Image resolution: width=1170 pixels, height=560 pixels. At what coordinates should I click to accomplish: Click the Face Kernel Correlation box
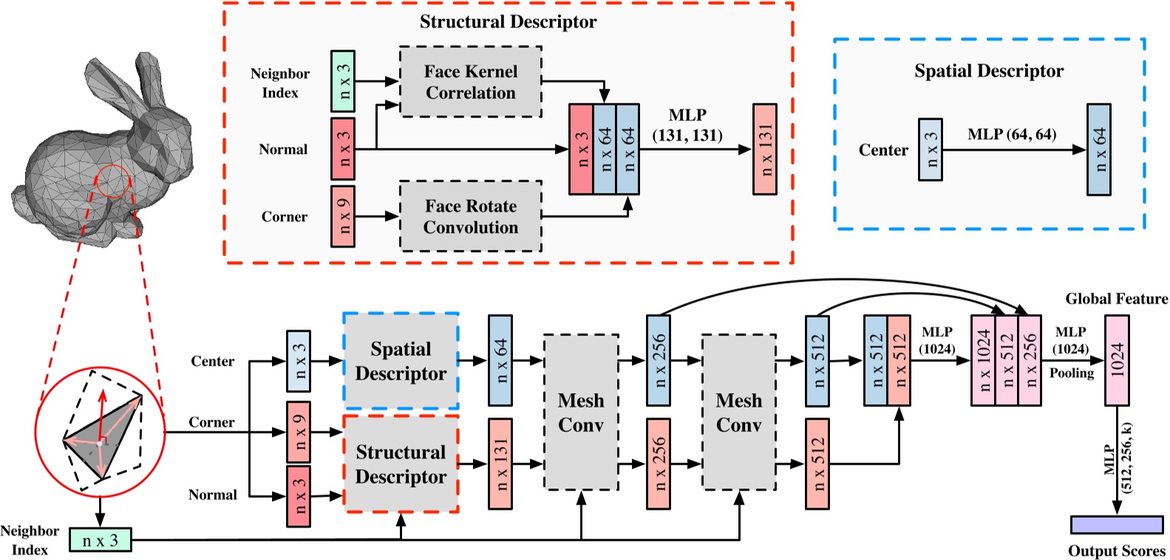pyautogui.click(x=471, y=82)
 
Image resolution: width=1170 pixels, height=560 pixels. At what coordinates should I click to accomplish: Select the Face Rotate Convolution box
pyautogui.click(x=471, y=216)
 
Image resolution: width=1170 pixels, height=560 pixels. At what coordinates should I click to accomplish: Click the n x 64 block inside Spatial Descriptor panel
pyautogui.click(x=1098, y=150)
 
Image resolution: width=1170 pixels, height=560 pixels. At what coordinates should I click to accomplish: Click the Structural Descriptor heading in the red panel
pyautogui.click(x=508, y=21)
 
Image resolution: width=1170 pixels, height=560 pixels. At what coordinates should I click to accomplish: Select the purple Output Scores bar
pyautogui.click(x=1116, y=525)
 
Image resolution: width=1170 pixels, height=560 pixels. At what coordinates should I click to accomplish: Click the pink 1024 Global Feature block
pyautogui.click(x=1116, y=361)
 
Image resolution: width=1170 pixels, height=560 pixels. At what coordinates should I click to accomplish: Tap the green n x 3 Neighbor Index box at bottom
pyautogui.click(x=100, y=540)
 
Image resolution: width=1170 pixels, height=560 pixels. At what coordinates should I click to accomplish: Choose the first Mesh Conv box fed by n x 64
pyautogui.click(x=581, y=412)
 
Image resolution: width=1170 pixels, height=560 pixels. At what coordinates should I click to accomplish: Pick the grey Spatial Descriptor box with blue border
pyautogui.click(x=401, y=361)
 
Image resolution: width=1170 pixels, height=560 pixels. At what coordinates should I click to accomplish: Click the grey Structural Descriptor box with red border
pyautogui.click(x=401, y=464)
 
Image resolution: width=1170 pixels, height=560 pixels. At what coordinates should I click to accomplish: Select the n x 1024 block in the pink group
pyautogui.click(x=983, y=361)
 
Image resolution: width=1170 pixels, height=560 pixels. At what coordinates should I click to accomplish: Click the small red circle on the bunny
pyautogui.click(x=113, y=181)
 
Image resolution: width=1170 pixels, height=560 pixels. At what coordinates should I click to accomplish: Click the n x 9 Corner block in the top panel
pyautogui.click(x=343, y=216)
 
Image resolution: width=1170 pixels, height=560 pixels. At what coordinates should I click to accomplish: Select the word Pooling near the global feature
pyautogui.click(x=1071, y=373)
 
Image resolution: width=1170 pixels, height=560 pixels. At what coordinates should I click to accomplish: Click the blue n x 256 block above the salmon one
pyautogui.click(x=659, y=361)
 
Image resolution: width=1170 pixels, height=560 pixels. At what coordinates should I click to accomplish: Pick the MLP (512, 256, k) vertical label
pyautogui.click(x=1117, y=458)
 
